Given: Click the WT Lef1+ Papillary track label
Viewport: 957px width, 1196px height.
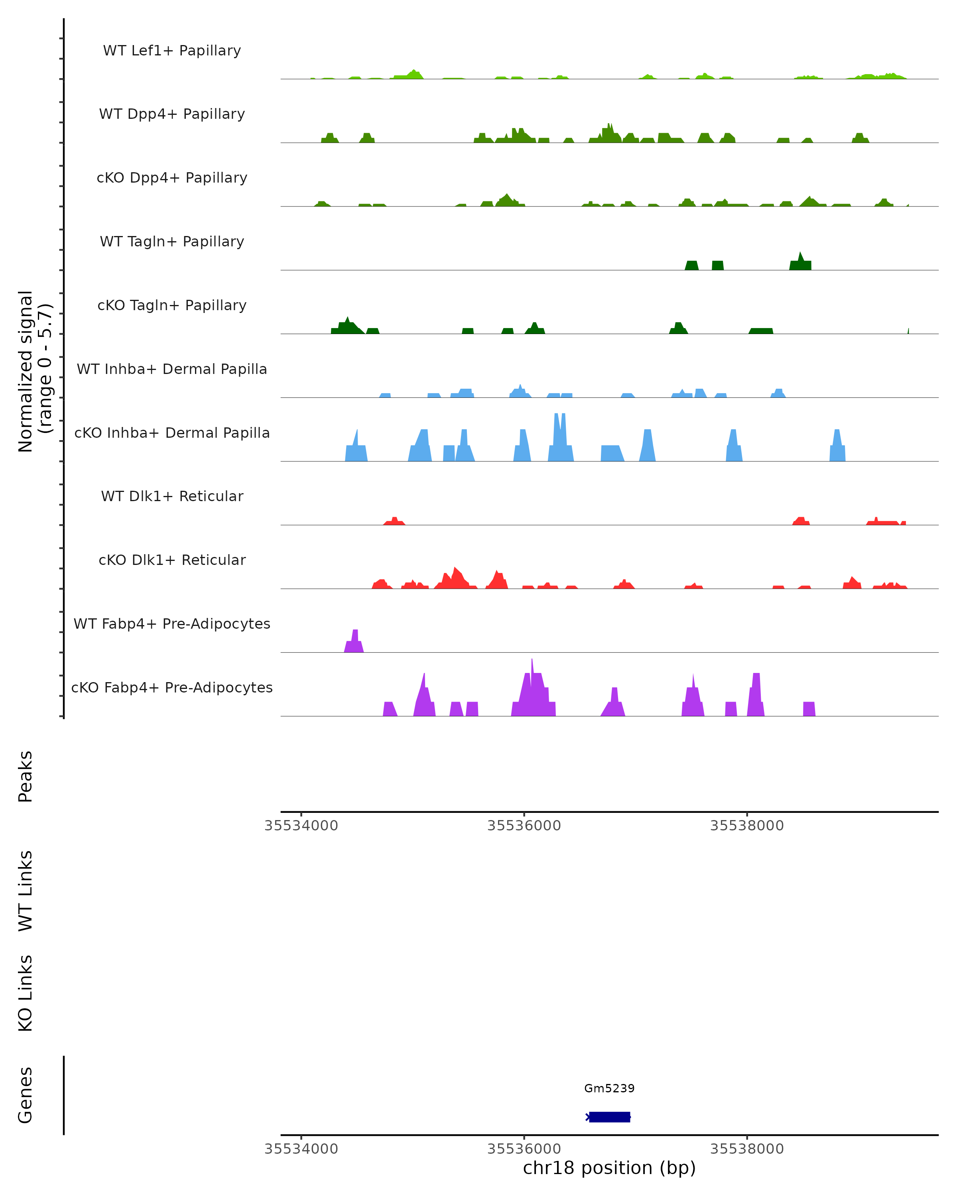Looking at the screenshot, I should pos(172,51).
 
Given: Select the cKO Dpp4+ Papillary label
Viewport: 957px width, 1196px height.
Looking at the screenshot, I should pos(172,178).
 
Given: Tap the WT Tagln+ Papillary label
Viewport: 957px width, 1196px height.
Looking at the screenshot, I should pos(172,242).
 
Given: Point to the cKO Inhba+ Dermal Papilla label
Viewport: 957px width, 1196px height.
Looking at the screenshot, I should pos(172,433).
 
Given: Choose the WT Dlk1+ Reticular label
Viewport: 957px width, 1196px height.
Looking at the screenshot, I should pos(172,496).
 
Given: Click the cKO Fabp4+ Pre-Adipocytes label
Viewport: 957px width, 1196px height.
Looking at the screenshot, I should pos(172,688).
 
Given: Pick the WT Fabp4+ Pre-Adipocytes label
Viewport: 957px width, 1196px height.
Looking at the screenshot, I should pos(172,624).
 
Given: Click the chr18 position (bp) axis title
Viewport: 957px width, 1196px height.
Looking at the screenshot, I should pos(609,1168).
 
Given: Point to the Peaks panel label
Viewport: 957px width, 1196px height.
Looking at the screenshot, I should pos(26,777).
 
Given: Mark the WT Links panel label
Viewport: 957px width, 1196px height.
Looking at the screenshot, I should pos(26,891).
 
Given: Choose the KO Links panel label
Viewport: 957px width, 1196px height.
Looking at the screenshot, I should pos(26,993).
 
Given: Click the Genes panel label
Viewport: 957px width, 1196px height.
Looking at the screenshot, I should pos(26,1095).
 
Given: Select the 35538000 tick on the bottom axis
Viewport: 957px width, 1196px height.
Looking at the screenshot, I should pos(747,1149).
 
